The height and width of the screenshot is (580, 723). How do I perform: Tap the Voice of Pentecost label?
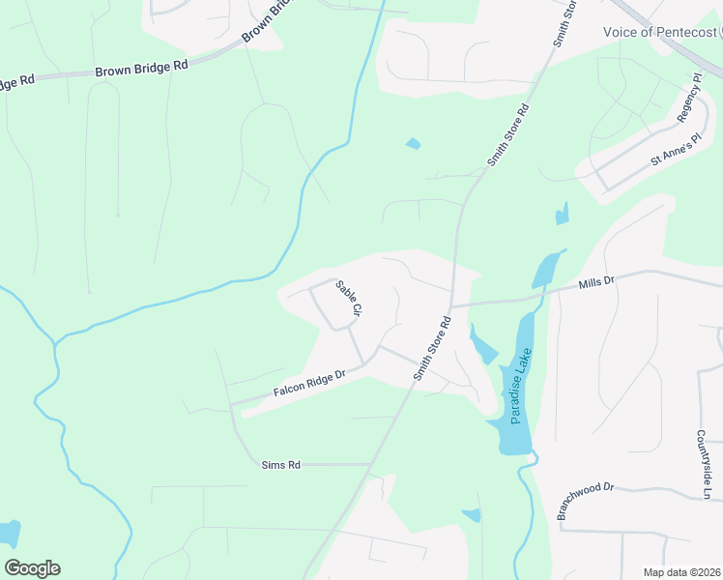coord(662,32)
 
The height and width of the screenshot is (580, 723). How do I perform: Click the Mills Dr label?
coord(596,281)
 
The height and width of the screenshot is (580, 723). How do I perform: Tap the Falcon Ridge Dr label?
coord(309,384)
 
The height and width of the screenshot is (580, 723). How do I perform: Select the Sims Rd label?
coord(281,465)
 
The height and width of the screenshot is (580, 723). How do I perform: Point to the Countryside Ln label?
coord(707,465)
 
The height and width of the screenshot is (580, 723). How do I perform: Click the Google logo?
coord(32,568)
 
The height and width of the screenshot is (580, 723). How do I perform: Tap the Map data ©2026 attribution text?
coord(682,572)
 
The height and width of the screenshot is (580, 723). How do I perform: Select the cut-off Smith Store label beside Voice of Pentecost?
coord(564,23)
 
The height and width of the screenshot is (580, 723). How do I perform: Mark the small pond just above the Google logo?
coord(8,533)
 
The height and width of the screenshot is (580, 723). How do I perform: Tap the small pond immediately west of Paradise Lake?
coord(480,345)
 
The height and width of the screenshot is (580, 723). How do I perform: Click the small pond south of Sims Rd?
coord(472,515)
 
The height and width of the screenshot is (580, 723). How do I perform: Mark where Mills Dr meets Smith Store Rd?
coord(451,305)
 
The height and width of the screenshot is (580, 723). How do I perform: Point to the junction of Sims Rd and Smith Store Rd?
coord(372,464)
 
